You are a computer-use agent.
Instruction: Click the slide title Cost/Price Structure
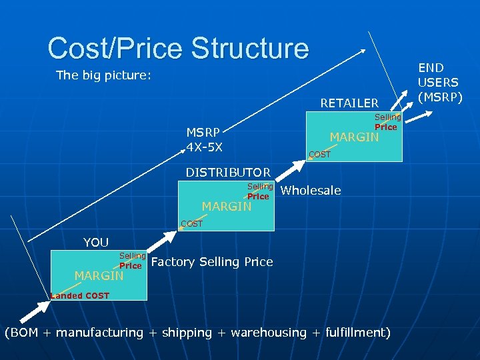point(178,49)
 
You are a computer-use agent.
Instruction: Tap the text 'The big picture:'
point(104,75)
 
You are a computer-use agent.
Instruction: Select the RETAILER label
point(349,103)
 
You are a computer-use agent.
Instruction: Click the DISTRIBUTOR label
point(228,173)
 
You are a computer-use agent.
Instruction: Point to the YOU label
point(96,242)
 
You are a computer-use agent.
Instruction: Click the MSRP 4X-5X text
point(205,139)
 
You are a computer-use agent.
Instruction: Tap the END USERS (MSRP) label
point(439,83)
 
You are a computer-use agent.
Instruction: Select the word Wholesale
point(311,191)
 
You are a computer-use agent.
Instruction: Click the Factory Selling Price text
point(212,262)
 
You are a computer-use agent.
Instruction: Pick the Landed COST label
point(80,295)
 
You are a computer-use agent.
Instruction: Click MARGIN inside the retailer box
point(354,137)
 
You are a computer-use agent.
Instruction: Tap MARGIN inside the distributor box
point(227,207)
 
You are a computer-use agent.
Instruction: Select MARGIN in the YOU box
point(99,275)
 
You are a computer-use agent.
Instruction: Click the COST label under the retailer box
point(319,155)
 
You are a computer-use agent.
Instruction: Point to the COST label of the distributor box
point(191,224)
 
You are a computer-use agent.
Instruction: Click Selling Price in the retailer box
point(387,122)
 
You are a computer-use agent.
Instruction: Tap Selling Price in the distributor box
point(259,191)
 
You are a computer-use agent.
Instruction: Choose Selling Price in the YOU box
point(131,261)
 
